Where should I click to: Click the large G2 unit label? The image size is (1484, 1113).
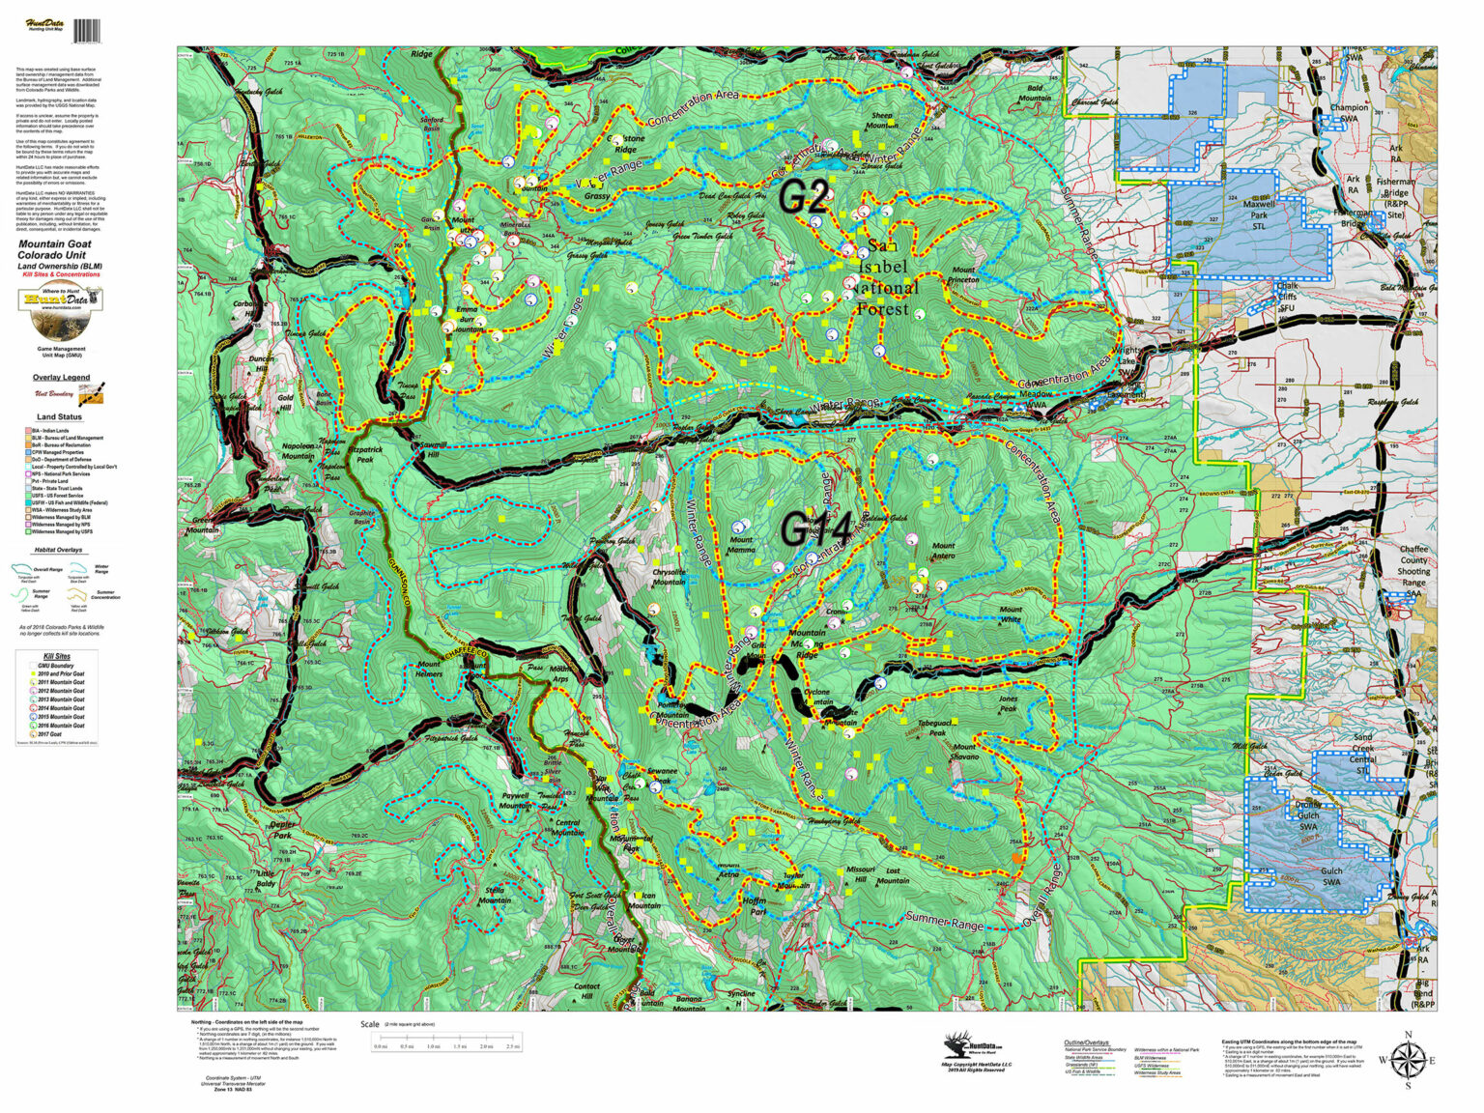coord(804,196)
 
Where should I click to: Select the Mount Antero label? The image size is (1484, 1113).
coord(943,551)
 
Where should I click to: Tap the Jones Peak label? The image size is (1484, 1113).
coord(1008,703)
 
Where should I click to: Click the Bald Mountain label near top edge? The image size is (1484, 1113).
coord(1035,93)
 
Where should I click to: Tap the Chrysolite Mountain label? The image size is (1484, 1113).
coord(669,578)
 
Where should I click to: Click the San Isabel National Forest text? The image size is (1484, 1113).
coord(888,278)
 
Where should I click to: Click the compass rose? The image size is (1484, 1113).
coord(1408,1060)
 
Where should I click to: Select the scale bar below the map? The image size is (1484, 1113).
coord(446,1042)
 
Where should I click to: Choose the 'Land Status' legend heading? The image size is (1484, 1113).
coord(60,417)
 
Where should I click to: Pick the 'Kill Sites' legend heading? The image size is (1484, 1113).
coord(57,657)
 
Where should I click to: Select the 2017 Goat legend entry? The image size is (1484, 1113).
coord(62,734)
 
